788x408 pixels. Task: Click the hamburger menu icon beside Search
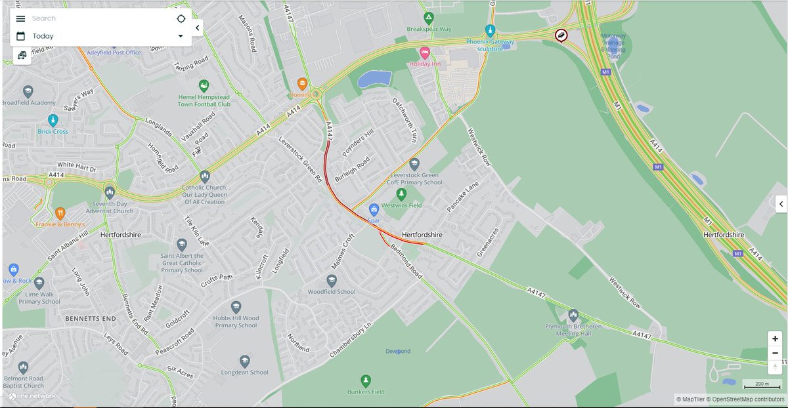click(20, 18)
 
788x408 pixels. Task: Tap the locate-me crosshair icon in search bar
click(181, 18)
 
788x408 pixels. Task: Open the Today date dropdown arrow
click(181, 36)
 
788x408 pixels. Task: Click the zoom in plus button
click(776, 338)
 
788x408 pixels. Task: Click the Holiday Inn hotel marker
click(425, 52)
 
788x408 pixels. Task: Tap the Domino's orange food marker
click(302, 83)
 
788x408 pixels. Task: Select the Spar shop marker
click(374, 209)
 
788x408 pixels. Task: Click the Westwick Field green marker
click(402, 194)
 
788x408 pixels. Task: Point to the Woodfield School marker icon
click(332, 280)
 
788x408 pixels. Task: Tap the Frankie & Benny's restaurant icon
click(60, 213)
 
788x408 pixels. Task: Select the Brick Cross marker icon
click(53, 120)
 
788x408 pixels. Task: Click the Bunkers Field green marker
click(366, 380)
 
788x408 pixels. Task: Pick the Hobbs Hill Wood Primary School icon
click(236, 307)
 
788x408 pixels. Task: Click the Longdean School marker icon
click(245, 361)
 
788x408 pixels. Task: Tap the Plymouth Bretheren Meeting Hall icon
click(573, 316)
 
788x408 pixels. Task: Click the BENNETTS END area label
click(91, 318)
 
